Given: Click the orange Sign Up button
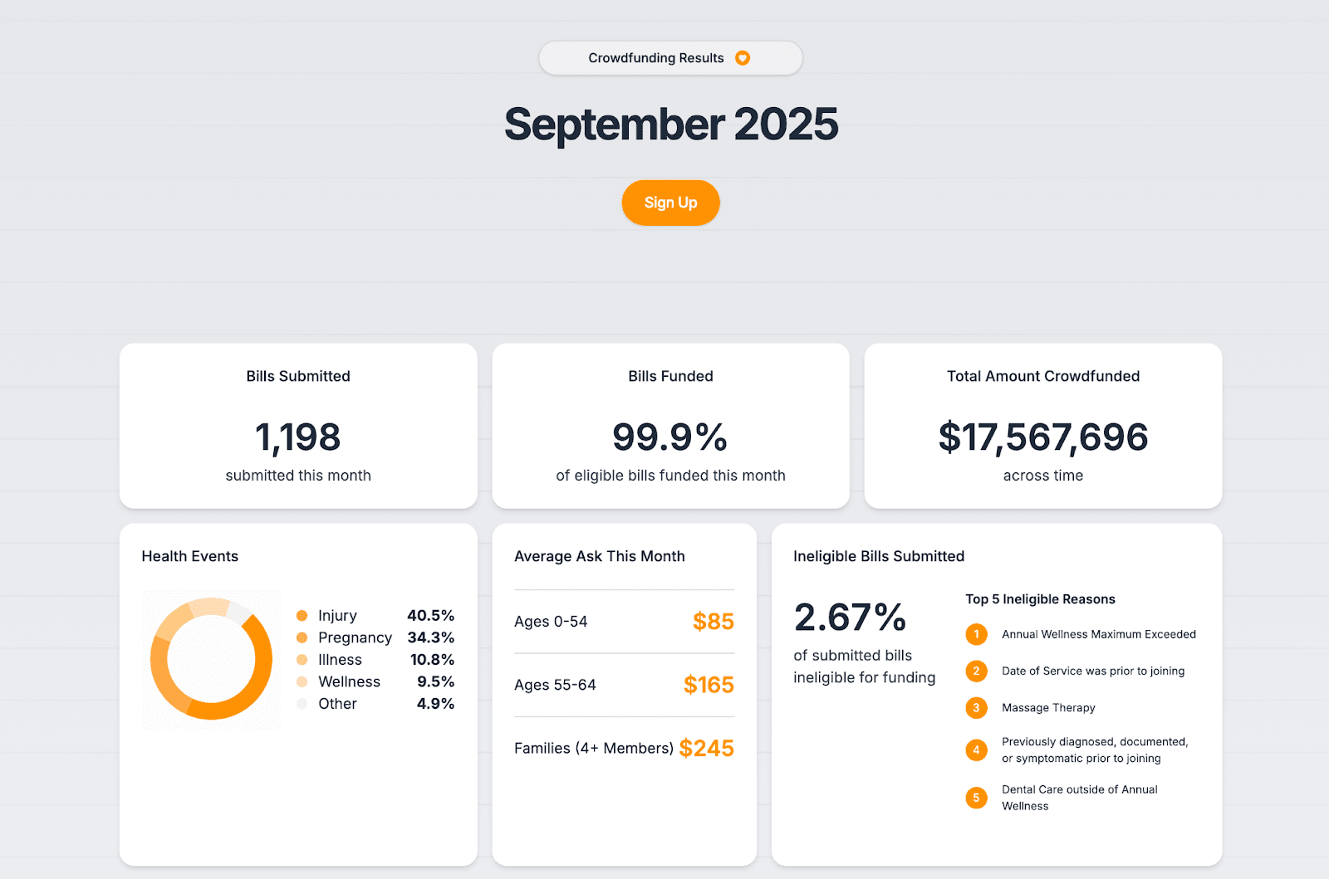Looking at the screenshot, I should click(670, 203).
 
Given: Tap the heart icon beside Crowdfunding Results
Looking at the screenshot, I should click(743, 58).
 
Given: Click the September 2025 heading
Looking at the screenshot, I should click(670, 125).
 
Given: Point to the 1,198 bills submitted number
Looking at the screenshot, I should click(297, 437).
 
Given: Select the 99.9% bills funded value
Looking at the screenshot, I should click(669, 437).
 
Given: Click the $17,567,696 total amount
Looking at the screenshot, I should click(1042, 437).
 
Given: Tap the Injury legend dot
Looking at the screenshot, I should click(302, 616).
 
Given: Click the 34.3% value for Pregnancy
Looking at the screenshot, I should click(430, 637).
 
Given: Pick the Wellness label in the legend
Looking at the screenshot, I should click(349, 681).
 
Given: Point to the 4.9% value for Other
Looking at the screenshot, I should click(435, 704).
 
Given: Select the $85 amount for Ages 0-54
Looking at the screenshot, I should click(713, 622).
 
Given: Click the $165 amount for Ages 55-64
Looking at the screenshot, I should click(709, 685).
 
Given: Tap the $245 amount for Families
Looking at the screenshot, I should click(706, 749).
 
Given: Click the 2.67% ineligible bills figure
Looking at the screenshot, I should click(850, 618).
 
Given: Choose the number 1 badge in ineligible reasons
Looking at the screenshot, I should click(976, 634).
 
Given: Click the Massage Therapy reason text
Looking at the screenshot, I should click(1048, 708).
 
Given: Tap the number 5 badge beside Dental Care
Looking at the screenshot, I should click(976, 798).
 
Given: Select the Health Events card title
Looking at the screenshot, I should click(189, 556).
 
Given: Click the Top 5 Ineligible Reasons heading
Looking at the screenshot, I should click(1040, 599).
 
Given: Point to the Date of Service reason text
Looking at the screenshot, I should click(1093, 671).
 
